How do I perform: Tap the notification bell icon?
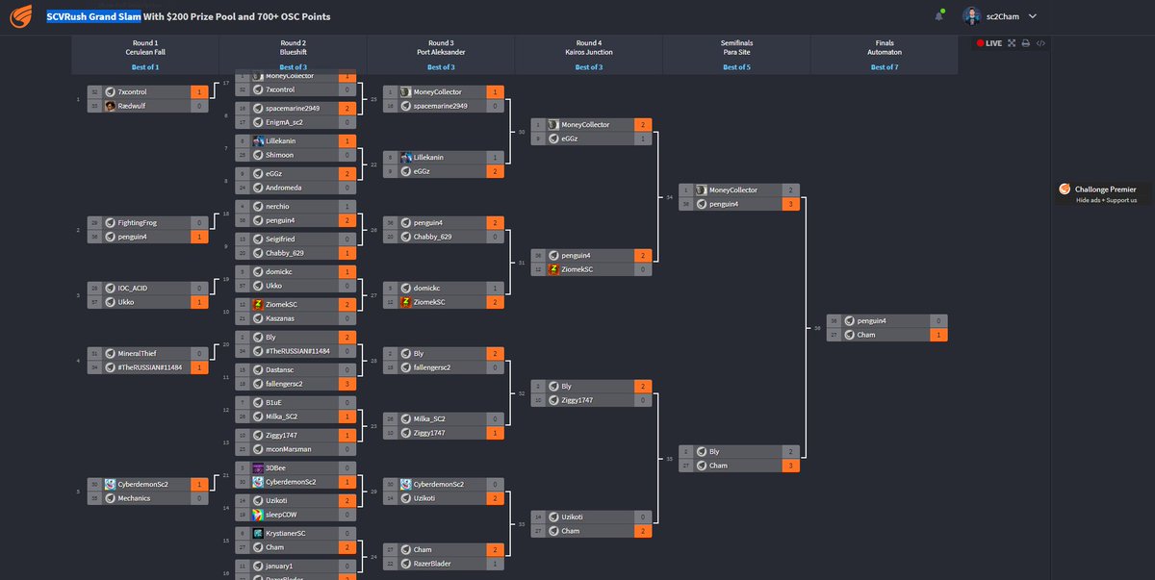(938, 16)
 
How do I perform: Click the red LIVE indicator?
(989, 43)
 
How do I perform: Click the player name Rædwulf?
(133, 106)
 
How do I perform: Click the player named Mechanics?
(137, 498)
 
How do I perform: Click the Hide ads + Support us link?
(1106, 200)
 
